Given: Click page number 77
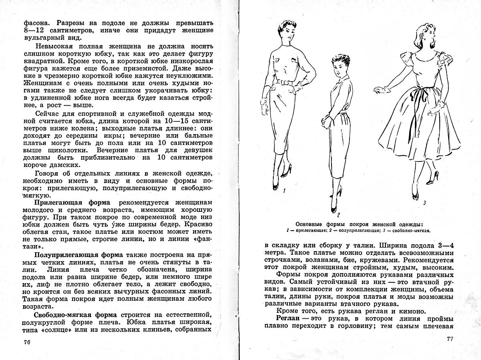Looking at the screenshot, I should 449,339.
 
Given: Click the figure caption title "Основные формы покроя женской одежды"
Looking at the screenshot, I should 359,224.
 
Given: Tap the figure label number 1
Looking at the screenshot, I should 284,191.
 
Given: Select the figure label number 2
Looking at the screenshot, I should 339,213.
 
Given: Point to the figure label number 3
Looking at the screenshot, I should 424,203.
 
